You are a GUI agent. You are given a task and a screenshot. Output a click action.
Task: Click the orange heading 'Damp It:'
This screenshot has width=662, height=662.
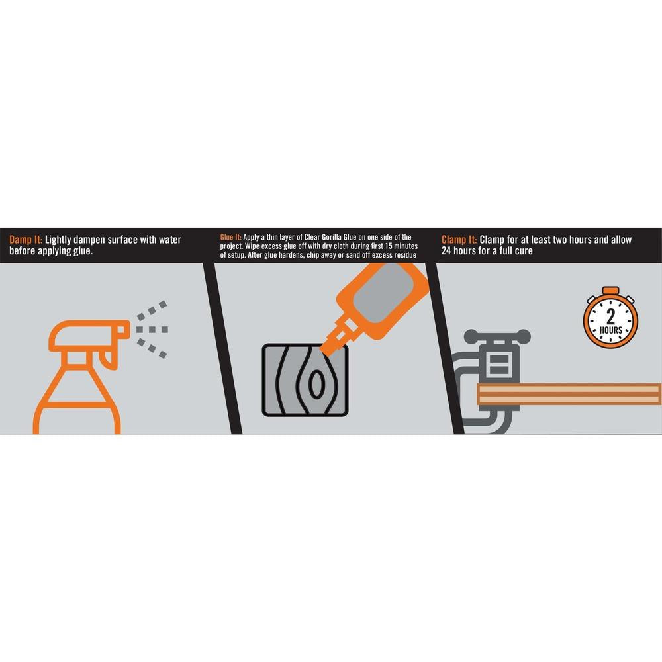click(x=26, y=240)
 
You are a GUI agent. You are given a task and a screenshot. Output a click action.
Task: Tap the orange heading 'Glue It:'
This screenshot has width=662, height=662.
click(x=230, y=237)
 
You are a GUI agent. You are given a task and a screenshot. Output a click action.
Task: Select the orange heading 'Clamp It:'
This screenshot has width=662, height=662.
click(x=459, y=240)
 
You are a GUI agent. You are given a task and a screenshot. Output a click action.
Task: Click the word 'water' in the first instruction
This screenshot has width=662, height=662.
click(x=169, y=240)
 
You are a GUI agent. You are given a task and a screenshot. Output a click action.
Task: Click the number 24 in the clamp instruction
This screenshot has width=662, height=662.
click(x=446, y=251)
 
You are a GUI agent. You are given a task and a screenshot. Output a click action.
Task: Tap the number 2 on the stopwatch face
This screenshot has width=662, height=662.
click(x=610, y=316)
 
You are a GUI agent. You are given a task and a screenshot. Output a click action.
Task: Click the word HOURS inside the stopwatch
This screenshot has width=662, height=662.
click(x=610, y=330)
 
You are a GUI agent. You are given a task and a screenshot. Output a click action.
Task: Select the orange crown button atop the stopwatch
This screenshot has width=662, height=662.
click(x=610, y=291)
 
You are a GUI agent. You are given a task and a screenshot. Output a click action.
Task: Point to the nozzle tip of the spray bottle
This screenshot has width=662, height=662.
click(x=127, y=329)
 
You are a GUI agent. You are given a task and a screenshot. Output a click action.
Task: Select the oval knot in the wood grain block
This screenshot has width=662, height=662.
click(x=315, y=384)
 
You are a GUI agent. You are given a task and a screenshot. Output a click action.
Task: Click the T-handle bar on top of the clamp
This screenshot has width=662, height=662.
click(x=497, y=336)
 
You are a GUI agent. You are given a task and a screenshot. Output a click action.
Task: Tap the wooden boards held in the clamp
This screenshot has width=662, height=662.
click(x=569, y=395)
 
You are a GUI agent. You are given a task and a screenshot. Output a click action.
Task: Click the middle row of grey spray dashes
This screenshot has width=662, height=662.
click(x=152, y=329)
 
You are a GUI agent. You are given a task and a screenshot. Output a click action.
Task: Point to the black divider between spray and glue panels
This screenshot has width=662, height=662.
click(x=222, y=349)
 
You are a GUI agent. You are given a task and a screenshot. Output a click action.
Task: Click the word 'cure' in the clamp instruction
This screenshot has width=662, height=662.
click(x=522, y=251)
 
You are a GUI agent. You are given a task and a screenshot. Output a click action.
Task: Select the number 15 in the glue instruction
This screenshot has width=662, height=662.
click(x=389, y=246)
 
